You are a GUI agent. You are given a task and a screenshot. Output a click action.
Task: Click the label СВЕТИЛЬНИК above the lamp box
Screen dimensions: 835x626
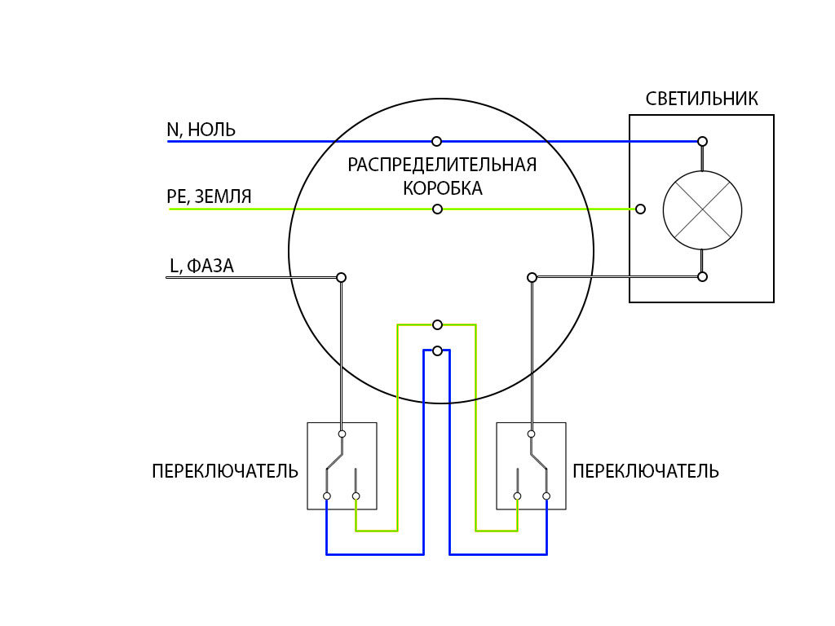pos(701,99)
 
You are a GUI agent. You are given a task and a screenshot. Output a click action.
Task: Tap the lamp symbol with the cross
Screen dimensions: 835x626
pos(702,209)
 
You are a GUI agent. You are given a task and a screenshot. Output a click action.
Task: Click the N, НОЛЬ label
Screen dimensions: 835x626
pos(201,130)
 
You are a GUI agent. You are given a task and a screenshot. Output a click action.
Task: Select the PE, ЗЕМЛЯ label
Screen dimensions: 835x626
pos(209,197)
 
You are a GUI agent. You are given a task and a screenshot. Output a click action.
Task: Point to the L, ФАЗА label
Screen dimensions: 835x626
pos(201,266)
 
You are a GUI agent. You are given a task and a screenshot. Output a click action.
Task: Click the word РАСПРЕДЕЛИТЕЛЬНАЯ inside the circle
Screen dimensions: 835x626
pos(442,165)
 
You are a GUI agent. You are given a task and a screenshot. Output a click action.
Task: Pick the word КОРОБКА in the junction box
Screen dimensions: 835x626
pos(443,188)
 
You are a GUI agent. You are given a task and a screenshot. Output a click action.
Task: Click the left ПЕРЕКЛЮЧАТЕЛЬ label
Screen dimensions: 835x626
pos(225,472)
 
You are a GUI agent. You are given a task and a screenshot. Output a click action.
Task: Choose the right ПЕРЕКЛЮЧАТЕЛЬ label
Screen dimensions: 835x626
pos(646,472)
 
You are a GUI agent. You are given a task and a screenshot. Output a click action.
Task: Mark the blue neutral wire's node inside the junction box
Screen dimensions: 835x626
pos(437,142)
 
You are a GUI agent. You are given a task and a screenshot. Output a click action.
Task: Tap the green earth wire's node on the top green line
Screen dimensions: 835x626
pos(437,209)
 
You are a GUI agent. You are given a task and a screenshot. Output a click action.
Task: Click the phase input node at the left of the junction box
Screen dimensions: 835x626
pos(342,277)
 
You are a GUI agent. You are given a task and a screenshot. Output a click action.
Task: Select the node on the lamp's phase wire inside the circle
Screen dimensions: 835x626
pos(532,277)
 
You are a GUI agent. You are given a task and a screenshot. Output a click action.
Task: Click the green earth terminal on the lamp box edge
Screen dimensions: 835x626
pos(641,209)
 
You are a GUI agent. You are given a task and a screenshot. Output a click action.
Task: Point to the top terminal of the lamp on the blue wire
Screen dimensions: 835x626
pos(702,142)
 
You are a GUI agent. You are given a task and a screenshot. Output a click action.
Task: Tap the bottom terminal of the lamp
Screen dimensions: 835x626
pos(702,277)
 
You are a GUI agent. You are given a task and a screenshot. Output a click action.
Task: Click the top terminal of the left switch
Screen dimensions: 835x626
pos(342,434)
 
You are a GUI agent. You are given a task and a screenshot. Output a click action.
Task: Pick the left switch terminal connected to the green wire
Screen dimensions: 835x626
pos(356,496)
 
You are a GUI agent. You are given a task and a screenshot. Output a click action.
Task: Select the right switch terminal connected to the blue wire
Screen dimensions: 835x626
pos(546,496)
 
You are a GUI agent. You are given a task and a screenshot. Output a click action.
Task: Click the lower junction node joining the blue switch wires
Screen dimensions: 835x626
pos(437,350)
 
